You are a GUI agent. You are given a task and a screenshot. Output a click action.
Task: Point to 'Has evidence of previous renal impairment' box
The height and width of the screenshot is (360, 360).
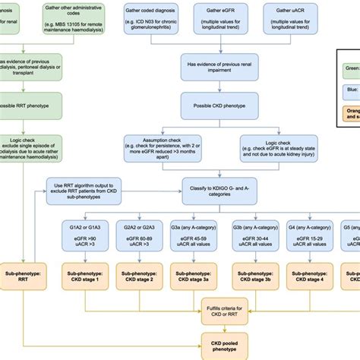point(216,70)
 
